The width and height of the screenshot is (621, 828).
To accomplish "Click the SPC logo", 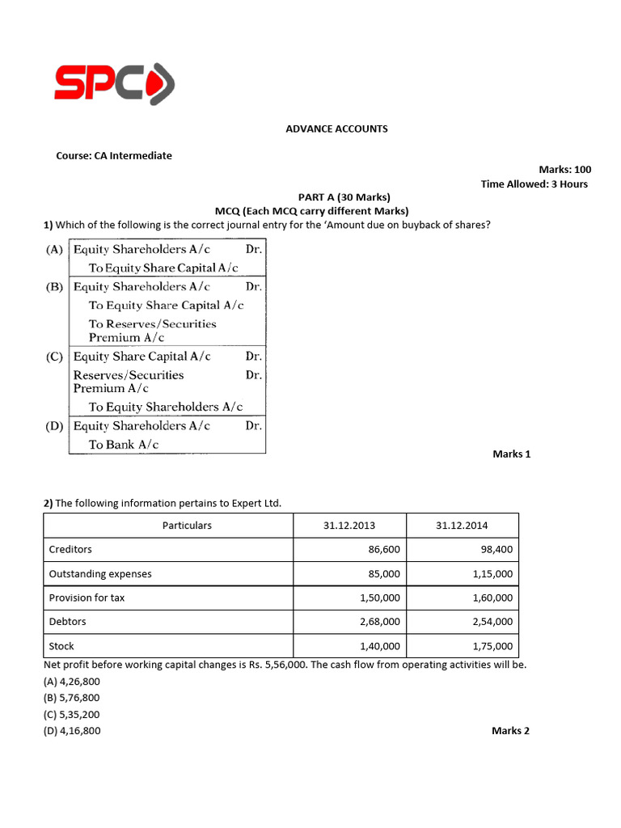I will pyautogui.click(x=114, y=83).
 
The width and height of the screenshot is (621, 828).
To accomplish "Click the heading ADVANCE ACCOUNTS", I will pyautogui.click(x=336, y=129).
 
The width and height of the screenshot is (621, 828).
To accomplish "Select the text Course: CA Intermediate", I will pyautogui.click(x=113, y=155).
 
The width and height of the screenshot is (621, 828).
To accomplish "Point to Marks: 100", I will pyautogui.click(x=564, y=169).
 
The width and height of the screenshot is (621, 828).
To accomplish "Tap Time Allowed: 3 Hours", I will pyautogui.click(x=534, y=184).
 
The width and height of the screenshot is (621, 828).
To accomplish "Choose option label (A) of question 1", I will pyautogui.click(x=54, y=250).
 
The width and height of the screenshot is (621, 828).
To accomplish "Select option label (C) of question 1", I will pyautogui.click(x=54, y=357).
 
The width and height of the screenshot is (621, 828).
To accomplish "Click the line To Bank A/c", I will pyautogui.click(x=124, y=445).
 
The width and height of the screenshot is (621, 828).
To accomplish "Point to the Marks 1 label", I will pyautogui.click(x=511, y=454).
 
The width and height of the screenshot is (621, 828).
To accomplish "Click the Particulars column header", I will pyautogui.click(x=187, y=526).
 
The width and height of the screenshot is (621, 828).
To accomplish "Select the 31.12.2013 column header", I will pyautogui.click(x=349, y=526).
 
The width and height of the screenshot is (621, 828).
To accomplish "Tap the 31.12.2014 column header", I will pyautogui.click(x=462, y=526).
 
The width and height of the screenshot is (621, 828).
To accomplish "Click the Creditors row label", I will pyautogui.click(x=70, y=550).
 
